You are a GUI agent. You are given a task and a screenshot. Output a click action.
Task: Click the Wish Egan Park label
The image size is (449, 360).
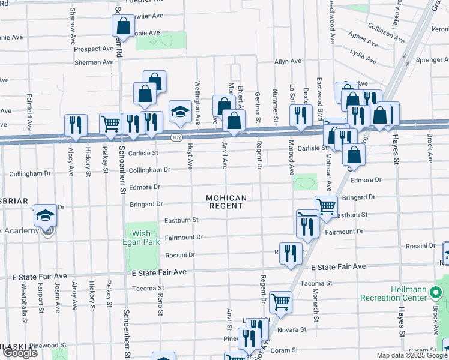tap(142, 238)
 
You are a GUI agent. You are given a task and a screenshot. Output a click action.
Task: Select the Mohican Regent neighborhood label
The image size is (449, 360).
tap(226, 202)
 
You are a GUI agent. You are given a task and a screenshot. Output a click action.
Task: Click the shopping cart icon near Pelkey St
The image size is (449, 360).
tap(110, 124)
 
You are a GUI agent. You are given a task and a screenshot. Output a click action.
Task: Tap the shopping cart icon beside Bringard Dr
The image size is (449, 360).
tap(326, 205)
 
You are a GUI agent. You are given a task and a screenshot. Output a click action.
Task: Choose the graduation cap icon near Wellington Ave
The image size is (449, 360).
tap(179, 110)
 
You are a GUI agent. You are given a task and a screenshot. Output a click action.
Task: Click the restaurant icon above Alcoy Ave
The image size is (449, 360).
tap(76, 124)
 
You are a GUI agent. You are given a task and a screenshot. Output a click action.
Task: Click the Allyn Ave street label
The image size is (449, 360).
tap(288, 61)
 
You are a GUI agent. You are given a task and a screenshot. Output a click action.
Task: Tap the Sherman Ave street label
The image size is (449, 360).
tap(94, 62)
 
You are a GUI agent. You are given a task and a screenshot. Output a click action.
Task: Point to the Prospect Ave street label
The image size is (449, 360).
tap(94, 49)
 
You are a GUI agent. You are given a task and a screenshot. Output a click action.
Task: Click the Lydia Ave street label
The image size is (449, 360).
tap(364, 57)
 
